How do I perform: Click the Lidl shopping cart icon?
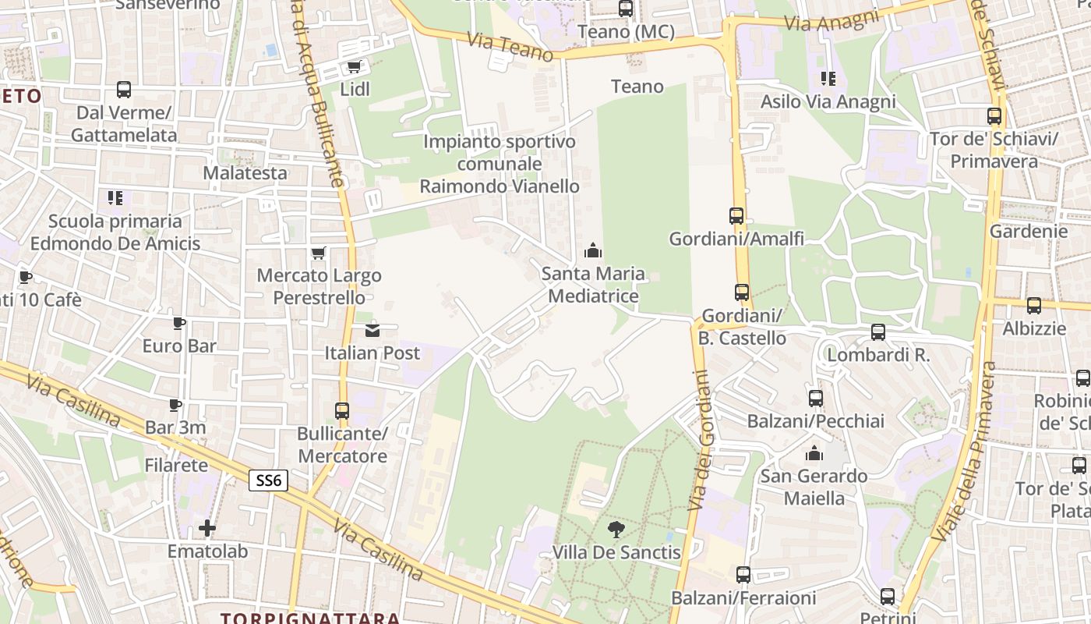tap(354, 67)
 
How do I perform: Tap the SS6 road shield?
tap(268, 480)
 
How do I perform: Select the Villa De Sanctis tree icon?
tap(616, 530)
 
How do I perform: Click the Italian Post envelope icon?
tap(372, 330)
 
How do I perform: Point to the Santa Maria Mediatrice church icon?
tap(593, 250)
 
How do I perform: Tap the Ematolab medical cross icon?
tap(207, 528)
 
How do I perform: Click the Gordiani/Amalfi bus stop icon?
tap(736, 216)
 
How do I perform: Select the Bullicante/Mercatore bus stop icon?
tap(342, 411)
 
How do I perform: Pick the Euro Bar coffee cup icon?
tap(179, 323)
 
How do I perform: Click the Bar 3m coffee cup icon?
tap(175, 405)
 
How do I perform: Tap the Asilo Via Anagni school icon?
tap(828, 79)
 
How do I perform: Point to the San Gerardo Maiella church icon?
tap(814, 453)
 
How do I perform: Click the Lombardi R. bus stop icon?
tap(878, 332)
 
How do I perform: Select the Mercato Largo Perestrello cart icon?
tap(318, 253)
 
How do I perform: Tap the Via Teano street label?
tap(510, 46)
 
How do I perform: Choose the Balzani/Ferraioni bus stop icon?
tap(743, 575)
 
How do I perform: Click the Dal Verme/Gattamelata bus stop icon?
tap(124, 90)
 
